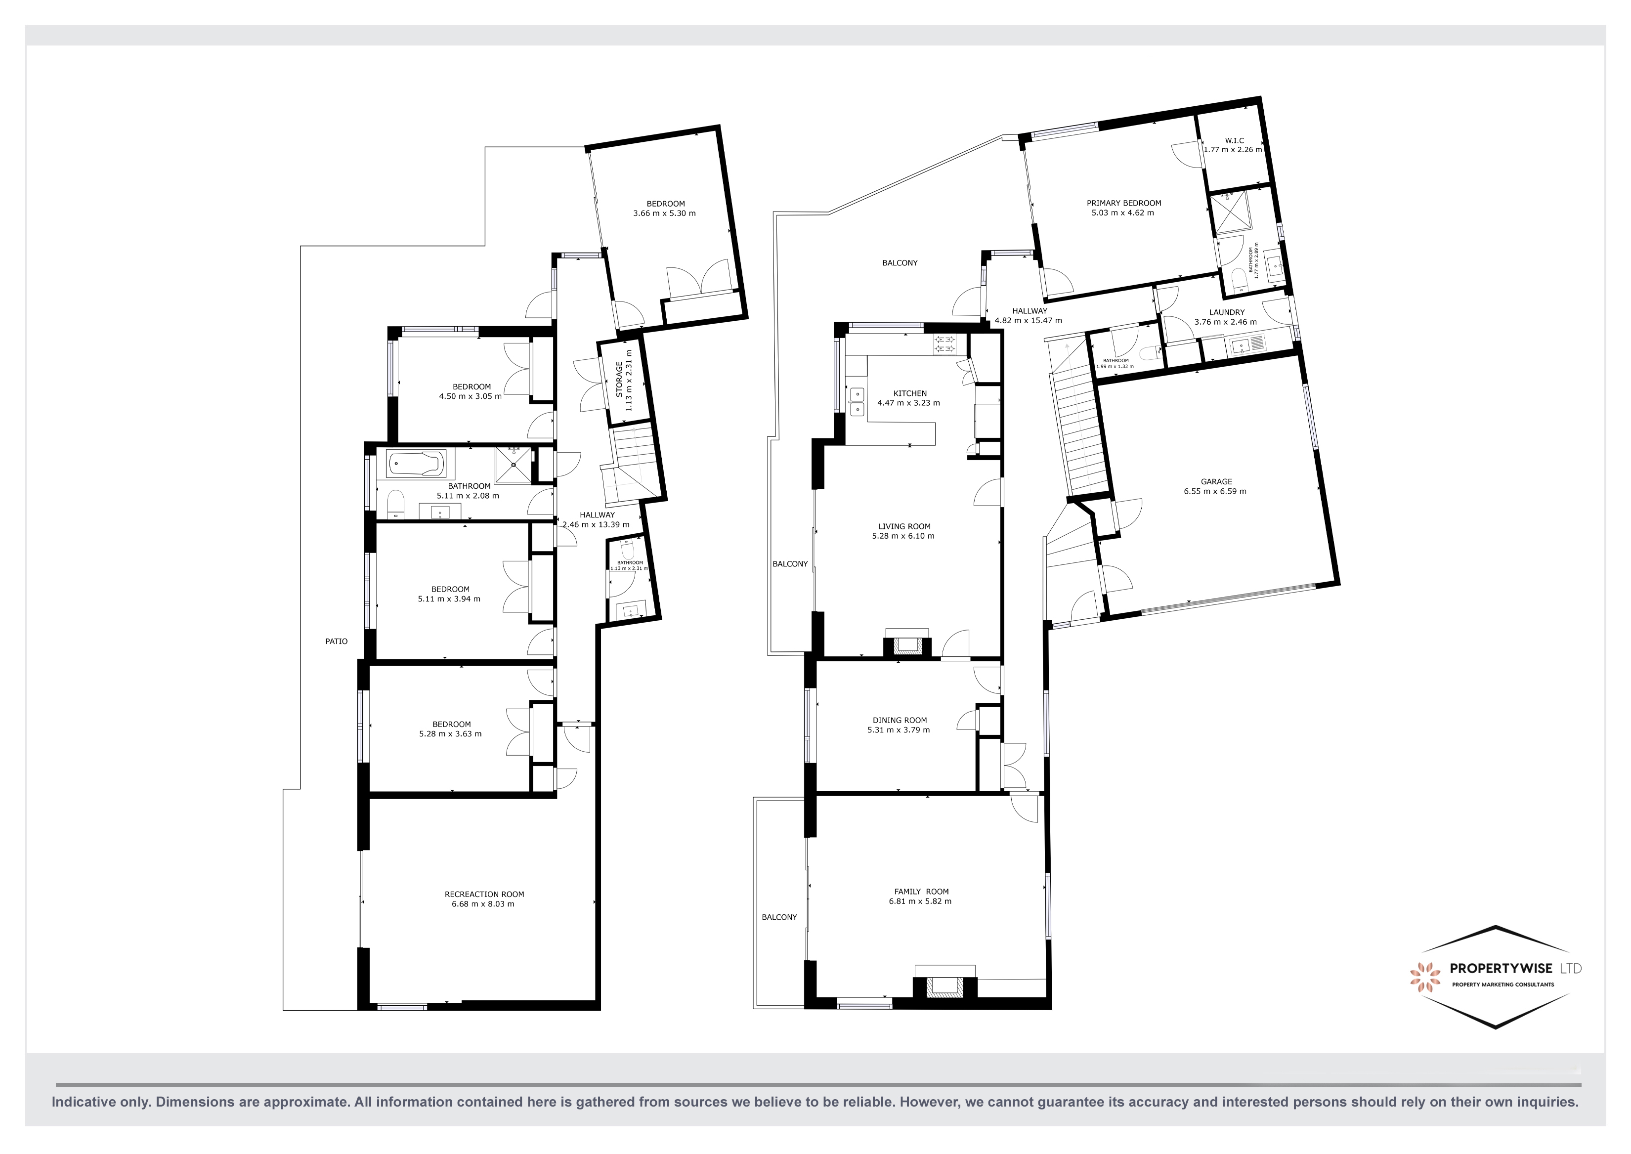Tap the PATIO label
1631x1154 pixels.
point(336,641)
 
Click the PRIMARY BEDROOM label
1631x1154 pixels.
point(1123,203)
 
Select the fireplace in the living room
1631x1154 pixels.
point(906,645)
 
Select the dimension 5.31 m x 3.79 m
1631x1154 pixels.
point(899,730)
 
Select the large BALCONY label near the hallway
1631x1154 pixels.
point(900,263)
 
